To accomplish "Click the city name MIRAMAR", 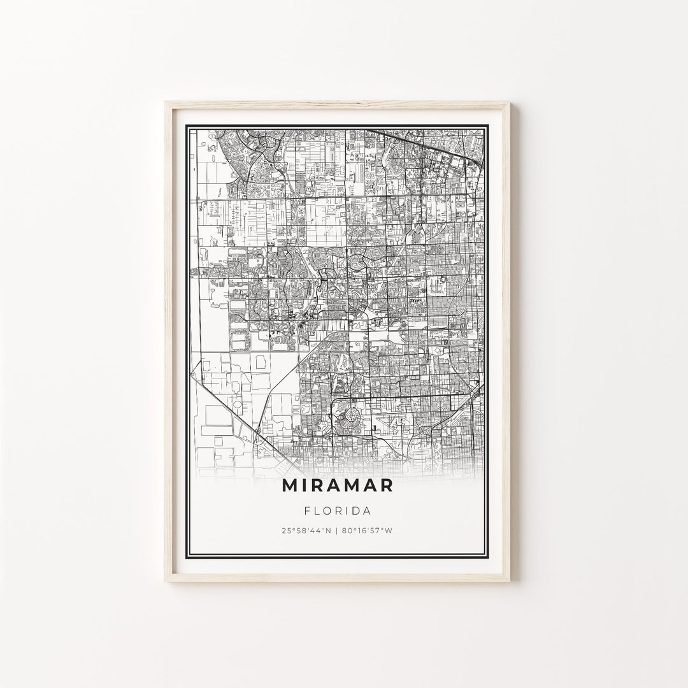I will pos(338,485).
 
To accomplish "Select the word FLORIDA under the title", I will pos(338,510).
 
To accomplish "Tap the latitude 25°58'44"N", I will pos(306,531).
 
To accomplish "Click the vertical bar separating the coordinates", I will pos(338,531).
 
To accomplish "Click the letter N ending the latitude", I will pos(330,531).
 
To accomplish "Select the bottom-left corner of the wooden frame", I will pos(166,582).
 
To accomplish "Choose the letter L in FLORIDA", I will pos(315,510).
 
